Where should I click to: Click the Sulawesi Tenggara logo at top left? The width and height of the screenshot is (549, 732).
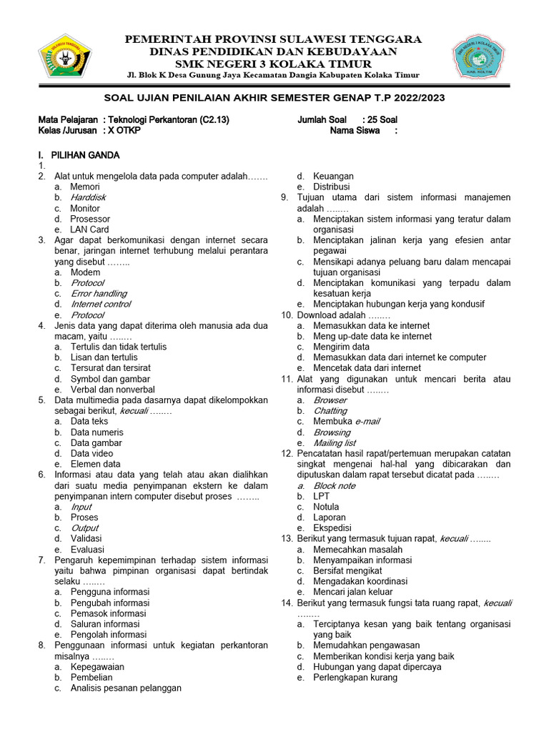coord(66,56)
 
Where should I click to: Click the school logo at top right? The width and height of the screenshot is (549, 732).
coord(483,58)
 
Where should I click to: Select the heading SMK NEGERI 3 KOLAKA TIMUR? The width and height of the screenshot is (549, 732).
coord(274,63)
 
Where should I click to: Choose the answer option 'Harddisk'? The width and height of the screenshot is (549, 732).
coord(88,197)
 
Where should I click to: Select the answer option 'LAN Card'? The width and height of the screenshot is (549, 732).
coord(89,229)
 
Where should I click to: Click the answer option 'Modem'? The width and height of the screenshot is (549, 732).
coord(85,272)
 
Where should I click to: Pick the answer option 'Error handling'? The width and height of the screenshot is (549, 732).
coord(99,293)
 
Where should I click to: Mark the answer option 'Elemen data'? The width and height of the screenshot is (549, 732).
coord(95,464)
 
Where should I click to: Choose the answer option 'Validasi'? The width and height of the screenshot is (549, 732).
coord(86,538)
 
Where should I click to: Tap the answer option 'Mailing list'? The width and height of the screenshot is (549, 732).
coord(335,443)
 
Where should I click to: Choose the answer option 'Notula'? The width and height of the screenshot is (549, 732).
coord(327,507)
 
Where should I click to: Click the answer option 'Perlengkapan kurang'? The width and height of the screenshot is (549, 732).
coord(355,677)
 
